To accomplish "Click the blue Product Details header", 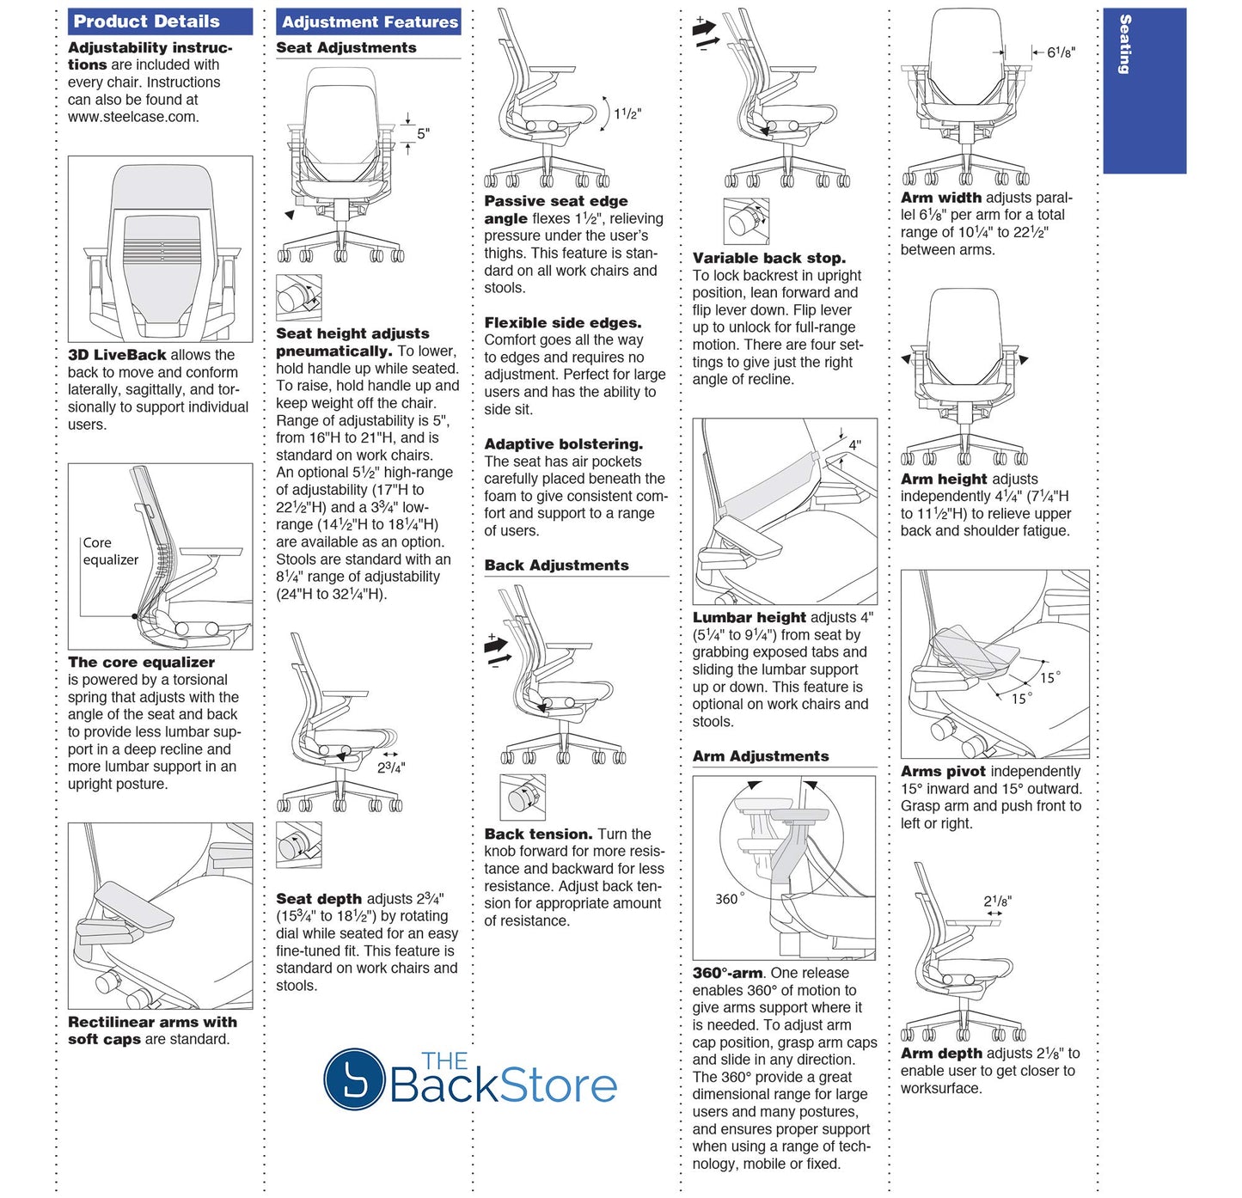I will [160, 21].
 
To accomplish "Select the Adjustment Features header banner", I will [369, 22].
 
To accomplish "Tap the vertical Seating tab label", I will [1124, 45].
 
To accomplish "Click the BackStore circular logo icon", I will [353, 1078].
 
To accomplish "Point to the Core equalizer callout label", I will [110, 551].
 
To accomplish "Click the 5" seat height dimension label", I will [423, 133].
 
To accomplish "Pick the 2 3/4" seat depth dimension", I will [391, 767].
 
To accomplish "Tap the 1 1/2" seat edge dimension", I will [627, 114].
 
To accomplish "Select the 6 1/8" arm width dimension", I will [1061, 52].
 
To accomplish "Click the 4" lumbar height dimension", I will [854, 444].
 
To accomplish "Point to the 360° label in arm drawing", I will [730, 899].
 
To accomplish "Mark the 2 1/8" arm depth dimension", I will [997, 902].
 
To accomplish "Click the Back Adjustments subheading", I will [556, 565].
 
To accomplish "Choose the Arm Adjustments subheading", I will [761, 756].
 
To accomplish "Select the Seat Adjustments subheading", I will [346, 48].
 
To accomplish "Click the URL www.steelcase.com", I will [132, 117].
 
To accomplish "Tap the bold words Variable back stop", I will [768, 258].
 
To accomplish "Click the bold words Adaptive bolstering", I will [563, 444].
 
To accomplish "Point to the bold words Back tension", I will [538, 834].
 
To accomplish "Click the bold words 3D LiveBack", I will [117, 355].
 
